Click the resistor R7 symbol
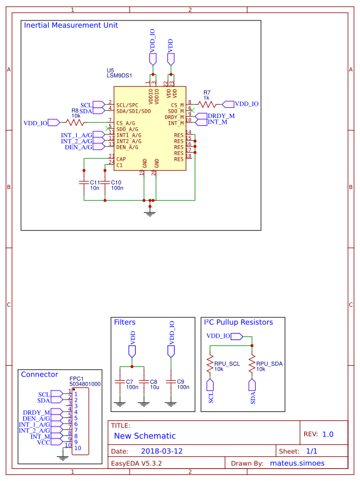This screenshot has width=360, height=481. coord(206,104)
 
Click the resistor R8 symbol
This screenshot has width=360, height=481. coord(76,122)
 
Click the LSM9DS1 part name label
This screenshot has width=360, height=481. coord(119,76)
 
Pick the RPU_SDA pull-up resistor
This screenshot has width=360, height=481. coord(252,365)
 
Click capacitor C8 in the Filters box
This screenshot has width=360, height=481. coord(143,381)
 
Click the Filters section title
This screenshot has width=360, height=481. coord(125,322)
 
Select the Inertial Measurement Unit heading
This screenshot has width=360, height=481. coord(70,26)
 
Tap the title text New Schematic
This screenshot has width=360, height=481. coord(145,436)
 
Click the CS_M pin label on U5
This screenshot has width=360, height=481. coord(176,105)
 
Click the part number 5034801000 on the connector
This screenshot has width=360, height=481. coord(85,384)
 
